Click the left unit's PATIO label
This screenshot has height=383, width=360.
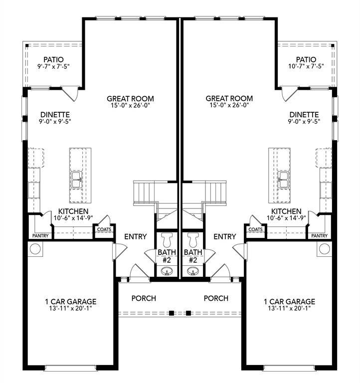[x=53, y=60]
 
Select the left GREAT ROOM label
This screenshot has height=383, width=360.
[x=130, y=99]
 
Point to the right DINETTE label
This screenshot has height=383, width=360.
[x=304, y=114]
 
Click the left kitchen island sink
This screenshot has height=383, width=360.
[x=77, y=180]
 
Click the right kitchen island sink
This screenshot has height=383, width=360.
[x=283, y=180]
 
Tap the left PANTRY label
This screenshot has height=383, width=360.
[x=40, y=235]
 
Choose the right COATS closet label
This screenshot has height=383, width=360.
[x=255, y=229]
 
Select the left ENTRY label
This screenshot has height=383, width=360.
[x=135, y=236]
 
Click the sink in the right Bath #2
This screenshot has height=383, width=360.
[x=193, y=271]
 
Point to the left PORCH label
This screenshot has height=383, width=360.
[x=144, y=298]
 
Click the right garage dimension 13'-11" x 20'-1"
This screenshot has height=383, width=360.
[x=290, y=308]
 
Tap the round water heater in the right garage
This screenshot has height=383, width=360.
[x=325, y=248]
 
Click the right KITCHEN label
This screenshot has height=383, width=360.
[x=286, y=211]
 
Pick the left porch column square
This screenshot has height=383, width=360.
[x=172, y=313]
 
